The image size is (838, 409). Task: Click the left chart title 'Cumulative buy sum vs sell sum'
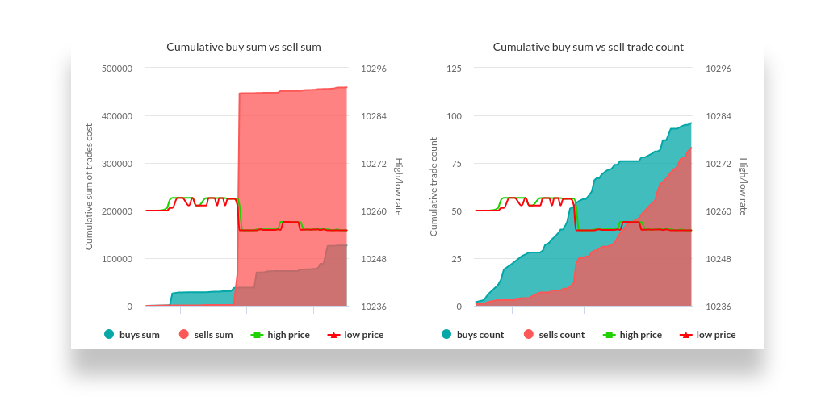pos(243,47)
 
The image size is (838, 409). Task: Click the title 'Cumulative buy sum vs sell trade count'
pos(588,47)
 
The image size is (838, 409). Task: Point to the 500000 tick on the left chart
pos(117,69)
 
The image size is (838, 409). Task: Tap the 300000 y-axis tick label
pos(117,164)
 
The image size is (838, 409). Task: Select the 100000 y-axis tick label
pos(117,259)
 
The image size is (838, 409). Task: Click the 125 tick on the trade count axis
pos(454,69)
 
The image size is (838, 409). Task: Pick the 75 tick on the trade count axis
pos(456,164)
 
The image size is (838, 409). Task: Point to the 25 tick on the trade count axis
pos(456,259)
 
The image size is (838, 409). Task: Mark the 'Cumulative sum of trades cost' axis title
pos(89,187)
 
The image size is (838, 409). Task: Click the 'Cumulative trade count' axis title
pos(434,187)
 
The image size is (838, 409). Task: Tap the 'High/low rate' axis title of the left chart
pos(398,187)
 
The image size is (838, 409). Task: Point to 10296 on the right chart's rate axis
pos(719,69)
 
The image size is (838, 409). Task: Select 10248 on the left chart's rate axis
pos(374,259)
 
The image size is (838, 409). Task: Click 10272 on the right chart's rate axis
pos(719,164)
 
